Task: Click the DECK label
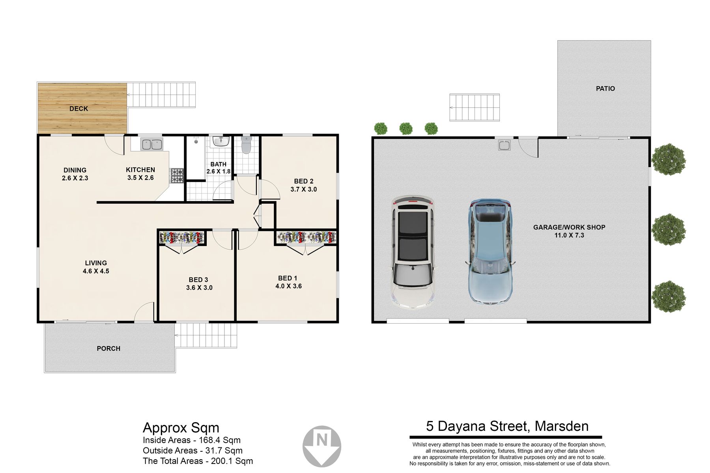coord(78,108)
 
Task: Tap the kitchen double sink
coord(152,144)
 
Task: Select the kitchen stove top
coord(177,175)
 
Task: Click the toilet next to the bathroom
coord(246,145)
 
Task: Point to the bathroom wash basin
coord(221,141)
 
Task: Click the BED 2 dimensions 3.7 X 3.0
coord(304,189)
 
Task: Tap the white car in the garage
coord(413,252)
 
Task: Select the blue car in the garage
coord(490,252)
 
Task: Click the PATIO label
coord(605,89)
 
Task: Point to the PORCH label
coord(108,348)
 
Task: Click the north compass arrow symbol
coord(322,446)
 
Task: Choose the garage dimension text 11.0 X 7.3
coord(569,235)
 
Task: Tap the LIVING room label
coord(96,263)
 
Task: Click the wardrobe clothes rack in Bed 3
coord(181,237)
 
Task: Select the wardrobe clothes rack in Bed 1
coord(306,237)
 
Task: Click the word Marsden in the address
coord(561,426)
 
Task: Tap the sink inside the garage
coord(504,145)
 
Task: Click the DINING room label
coord(75,170)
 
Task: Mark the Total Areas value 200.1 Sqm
coord(232,461)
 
